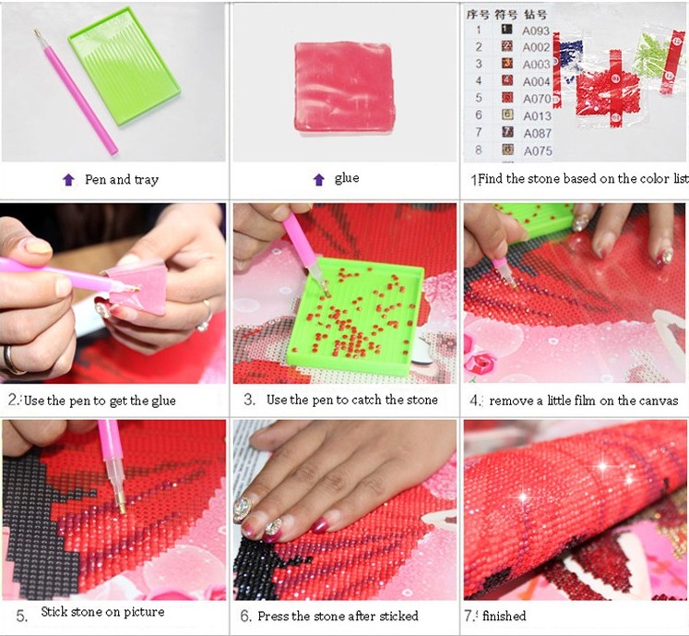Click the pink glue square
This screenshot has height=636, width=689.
coord(345,87)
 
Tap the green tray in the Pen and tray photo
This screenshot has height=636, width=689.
coord(125,66)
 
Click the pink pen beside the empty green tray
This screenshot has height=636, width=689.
coord(76,92)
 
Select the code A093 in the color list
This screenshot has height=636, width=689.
coord(536,30)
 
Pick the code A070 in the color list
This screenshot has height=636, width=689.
coord(537,99)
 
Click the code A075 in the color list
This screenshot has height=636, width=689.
coord(538,150)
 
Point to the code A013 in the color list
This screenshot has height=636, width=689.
coord(537,116)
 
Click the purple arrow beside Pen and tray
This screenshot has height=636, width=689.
coord(68,179)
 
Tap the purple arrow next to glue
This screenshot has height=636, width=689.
coord(319,179)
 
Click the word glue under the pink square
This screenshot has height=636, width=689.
coord(347,178)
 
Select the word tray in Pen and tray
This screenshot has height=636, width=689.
coord(147,180)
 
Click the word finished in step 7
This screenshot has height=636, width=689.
coord(504,616)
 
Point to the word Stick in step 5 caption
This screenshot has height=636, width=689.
coord(54,612)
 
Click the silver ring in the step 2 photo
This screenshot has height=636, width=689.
coord(205,317)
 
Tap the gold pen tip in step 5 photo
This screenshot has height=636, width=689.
coord(122,506)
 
